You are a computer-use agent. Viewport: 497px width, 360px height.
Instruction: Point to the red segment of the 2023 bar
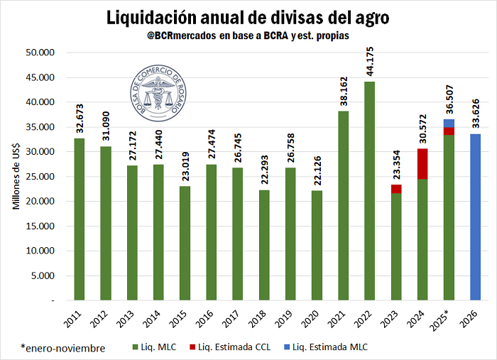coord(396,189)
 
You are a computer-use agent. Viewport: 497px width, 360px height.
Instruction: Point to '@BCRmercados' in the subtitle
coord(174,34)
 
